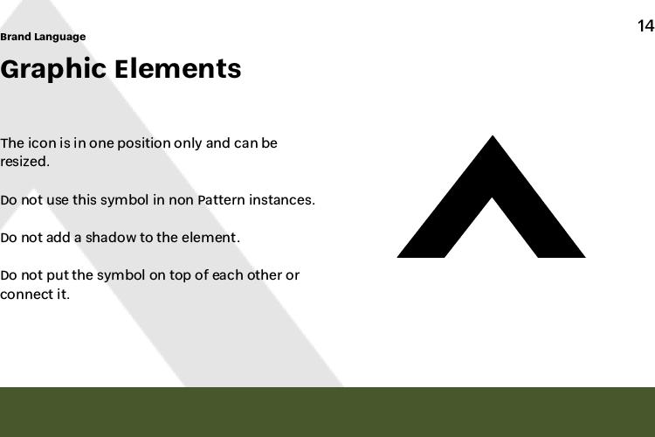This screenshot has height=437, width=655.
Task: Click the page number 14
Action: [x=645, y=26]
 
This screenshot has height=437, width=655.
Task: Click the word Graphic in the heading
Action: [x=53, y=69]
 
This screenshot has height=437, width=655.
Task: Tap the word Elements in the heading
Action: [x=178, y=68]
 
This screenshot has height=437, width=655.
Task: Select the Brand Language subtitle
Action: [x=43, y=37]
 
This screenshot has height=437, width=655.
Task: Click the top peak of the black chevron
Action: [x=492, y=136]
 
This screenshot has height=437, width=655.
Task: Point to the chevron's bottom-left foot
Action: [x=397, y=257]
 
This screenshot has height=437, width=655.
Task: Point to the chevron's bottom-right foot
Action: [x=585, y=257]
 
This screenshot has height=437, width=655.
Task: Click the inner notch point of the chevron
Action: [x=492, y=198]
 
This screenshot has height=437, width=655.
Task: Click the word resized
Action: [x=24, y=162]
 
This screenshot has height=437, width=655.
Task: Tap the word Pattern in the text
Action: [x=221, y=200]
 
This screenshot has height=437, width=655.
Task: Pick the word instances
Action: [x=282, y=200]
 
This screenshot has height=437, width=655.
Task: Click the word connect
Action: [x=27, y=294]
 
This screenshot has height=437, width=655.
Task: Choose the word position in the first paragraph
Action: [x=144, y=143]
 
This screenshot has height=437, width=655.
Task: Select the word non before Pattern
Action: [x=181, y=200]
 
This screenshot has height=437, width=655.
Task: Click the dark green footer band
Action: [x=327, y=412]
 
